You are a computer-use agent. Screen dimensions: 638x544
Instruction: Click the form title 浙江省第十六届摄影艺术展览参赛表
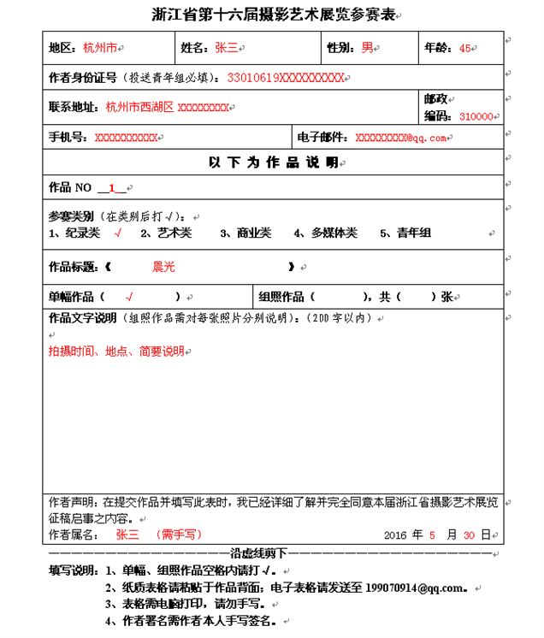tap(273, 15)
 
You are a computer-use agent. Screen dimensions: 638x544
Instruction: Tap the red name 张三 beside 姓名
tap(226, 48)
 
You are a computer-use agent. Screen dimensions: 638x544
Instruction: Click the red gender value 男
tap(367, 48)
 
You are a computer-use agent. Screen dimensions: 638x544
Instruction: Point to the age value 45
tap(465, 48)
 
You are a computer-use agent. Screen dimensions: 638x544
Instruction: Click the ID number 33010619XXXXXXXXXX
tap(285, 78)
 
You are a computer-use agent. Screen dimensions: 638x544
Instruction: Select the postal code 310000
tap(476, 117)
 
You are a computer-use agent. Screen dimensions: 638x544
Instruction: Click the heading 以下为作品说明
tap(273, 162)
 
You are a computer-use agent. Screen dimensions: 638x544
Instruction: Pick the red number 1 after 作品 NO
tap(111, 188)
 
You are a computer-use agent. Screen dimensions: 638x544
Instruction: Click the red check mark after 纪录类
tap(117, 233)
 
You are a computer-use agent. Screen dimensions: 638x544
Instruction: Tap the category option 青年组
tap(413, 233)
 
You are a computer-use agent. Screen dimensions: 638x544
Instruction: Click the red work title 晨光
tap(163, 267)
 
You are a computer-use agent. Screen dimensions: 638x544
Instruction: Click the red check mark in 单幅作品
tap(129, 298)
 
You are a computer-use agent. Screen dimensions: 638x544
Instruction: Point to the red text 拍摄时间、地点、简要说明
tap(116, 351)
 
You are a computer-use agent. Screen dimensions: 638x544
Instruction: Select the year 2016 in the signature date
tap(395, 535)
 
